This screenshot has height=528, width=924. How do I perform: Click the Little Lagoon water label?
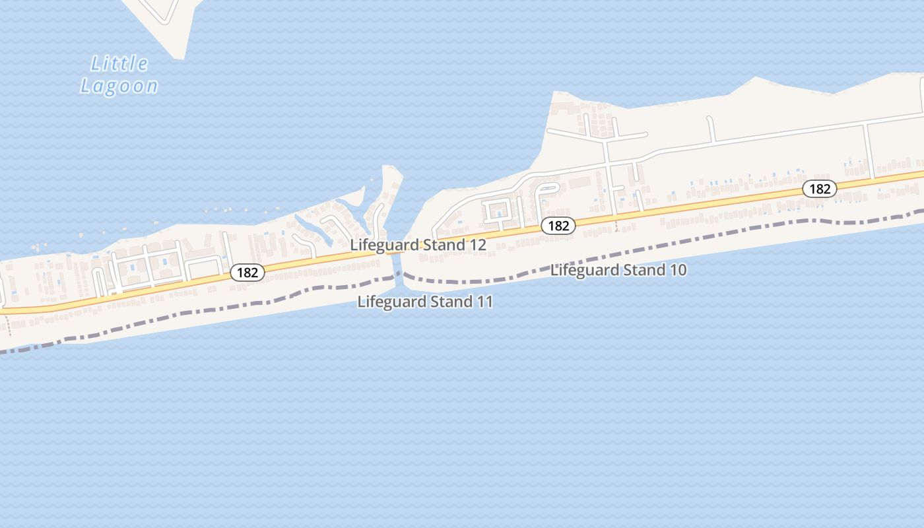[x=119, y=75]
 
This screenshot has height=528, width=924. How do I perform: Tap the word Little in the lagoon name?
[x=119, y=64]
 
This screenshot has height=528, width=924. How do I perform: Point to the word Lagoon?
[x=119, y=86]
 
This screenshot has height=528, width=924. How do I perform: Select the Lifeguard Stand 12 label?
[x=418, y=245]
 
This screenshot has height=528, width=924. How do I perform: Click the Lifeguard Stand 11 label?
[x=425, y=302]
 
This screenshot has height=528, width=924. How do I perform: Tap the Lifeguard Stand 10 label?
[x=618, y=270]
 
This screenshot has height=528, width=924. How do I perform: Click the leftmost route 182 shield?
[x=247, y=273]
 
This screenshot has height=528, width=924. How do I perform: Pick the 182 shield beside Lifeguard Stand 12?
[x=558, y=226]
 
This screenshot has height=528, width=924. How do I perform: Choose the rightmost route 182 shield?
[x=820, y=189]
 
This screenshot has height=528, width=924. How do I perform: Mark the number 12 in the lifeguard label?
[x=478, y=245]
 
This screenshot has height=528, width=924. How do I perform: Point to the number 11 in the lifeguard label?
[x=485, y=302]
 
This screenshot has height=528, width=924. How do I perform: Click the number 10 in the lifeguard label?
[x=678, y=270]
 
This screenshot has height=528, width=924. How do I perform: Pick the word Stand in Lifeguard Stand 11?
[x=449, y=302]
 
